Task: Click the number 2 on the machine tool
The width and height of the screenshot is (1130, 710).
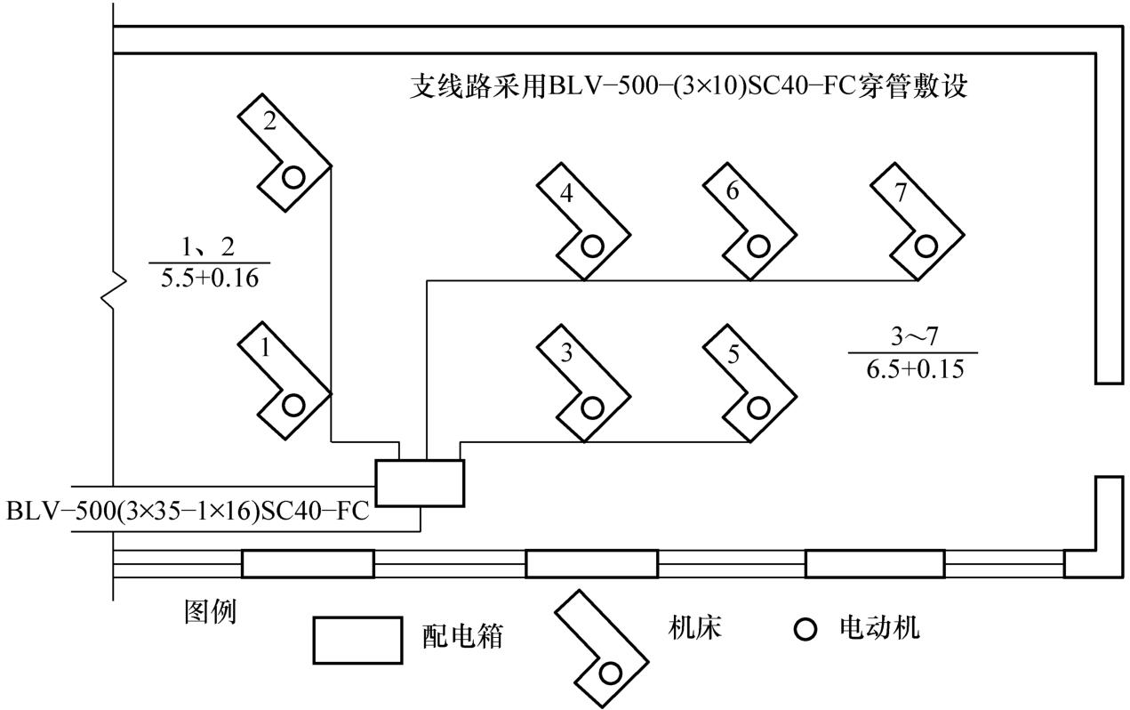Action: coord(270,122)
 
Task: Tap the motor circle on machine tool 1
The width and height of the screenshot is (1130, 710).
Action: coord(293,406)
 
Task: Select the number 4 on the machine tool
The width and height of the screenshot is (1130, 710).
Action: coord(566,193)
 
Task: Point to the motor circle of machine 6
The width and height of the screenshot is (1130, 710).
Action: coord(757,246)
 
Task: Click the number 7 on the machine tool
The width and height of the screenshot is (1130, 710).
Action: coord(901,192)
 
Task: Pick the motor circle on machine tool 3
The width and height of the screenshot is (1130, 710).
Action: coord(592,407)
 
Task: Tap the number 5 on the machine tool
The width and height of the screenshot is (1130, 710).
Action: coord(733,354)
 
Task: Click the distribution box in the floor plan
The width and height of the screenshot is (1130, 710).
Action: coord(420,483)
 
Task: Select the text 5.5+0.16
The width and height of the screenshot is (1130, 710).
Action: coord(209,278)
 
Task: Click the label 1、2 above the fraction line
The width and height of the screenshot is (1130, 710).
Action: coord(208,247)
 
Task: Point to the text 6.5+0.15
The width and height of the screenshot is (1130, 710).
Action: coord(915,369)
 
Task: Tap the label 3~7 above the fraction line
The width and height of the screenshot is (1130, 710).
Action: coord(914,337)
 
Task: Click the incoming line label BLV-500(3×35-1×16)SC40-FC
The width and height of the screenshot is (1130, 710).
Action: coord(188,511)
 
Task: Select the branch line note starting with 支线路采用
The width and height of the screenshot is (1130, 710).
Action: coord(688,87)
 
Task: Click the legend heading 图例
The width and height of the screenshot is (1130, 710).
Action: coord(211,612)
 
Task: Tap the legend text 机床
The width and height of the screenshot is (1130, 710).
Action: coord(694,627)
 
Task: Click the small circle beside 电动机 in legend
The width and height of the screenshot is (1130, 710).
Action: coord(805,629)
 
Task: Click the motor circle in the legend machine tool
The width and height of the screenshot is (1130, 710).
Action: coord(610,674)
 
